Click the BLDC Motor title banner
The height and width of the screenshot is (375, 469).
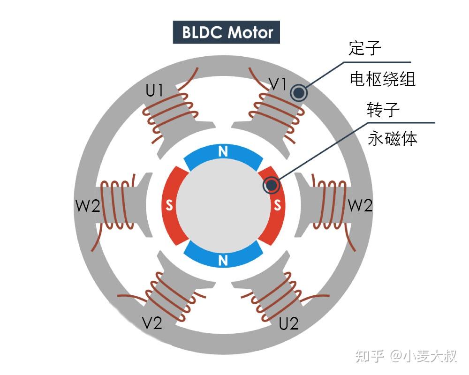click(227, 32)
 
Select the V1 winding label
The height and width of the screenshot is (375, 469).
click(277, 84)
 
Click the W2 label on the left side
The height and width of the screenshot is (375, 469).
click(88, 206)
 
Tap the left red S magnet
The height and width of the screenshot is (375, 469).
click(169, 205)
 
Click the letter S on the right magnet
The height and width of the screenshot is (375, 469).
click(277, 205)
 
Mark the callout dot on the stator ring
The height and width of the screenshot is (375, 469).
click(298, 93)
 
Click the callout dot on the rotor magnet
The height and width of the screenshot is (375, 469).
click(272, 186)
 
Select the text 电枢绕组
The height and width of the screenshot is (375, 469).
click(382, 79)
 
